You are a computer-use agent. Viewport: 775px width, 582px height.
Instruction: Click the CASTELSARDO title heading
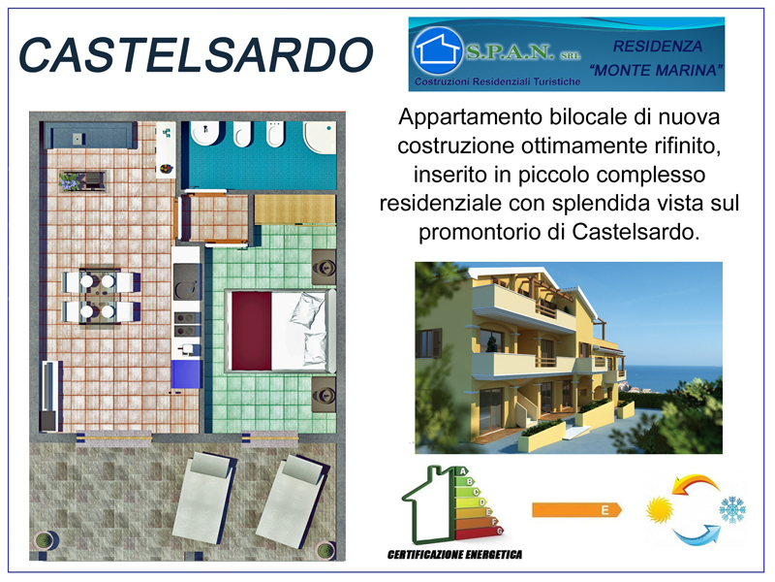[x=196, y=55]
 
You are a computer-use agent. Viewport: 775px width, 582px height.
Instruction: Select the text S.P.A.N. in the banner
[x=510, y=51]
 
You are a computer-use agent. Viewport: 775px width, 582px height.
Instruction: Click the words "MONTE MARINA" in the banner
[x=657, y=70]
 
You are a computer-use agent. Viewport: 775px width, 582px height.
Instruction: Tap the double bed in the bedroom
[x=280, y=331]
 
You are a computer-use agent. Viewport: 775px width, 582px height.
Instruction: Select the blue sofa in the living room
[x=91, y=135]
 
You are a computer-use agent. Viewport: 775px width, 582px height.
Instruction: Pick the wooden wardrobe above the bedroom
[x=295, y=209]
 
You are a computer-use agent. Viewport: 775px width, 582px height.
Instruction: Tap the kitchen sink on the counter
[x=187, y=281]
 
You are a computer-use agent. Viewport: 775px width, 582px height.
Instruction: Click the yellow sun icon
[x=660, y=510]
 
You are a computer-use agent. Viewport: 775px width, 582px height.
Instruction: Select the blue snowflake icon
[x=732, y=510]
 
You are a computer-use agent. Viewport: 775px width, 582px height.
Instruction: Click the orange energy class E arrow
[x=576, y=510]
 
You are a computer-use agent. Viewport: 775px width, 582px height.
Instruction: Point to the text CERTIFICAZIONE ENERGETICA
[x=454, y=554]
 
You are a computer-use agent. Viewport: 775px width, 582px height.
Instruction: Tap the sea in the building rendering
[x=672, y=377]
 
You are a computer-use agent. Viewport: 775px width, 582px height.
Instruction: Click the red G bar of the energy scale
[x=480, y=533]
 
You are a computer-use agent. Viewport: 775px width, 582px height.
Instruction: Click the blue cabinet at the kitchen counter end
[x=187, y=373]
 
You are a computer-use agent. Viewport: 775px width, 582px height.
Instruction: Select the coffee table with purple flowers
[x=82, y=180]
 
